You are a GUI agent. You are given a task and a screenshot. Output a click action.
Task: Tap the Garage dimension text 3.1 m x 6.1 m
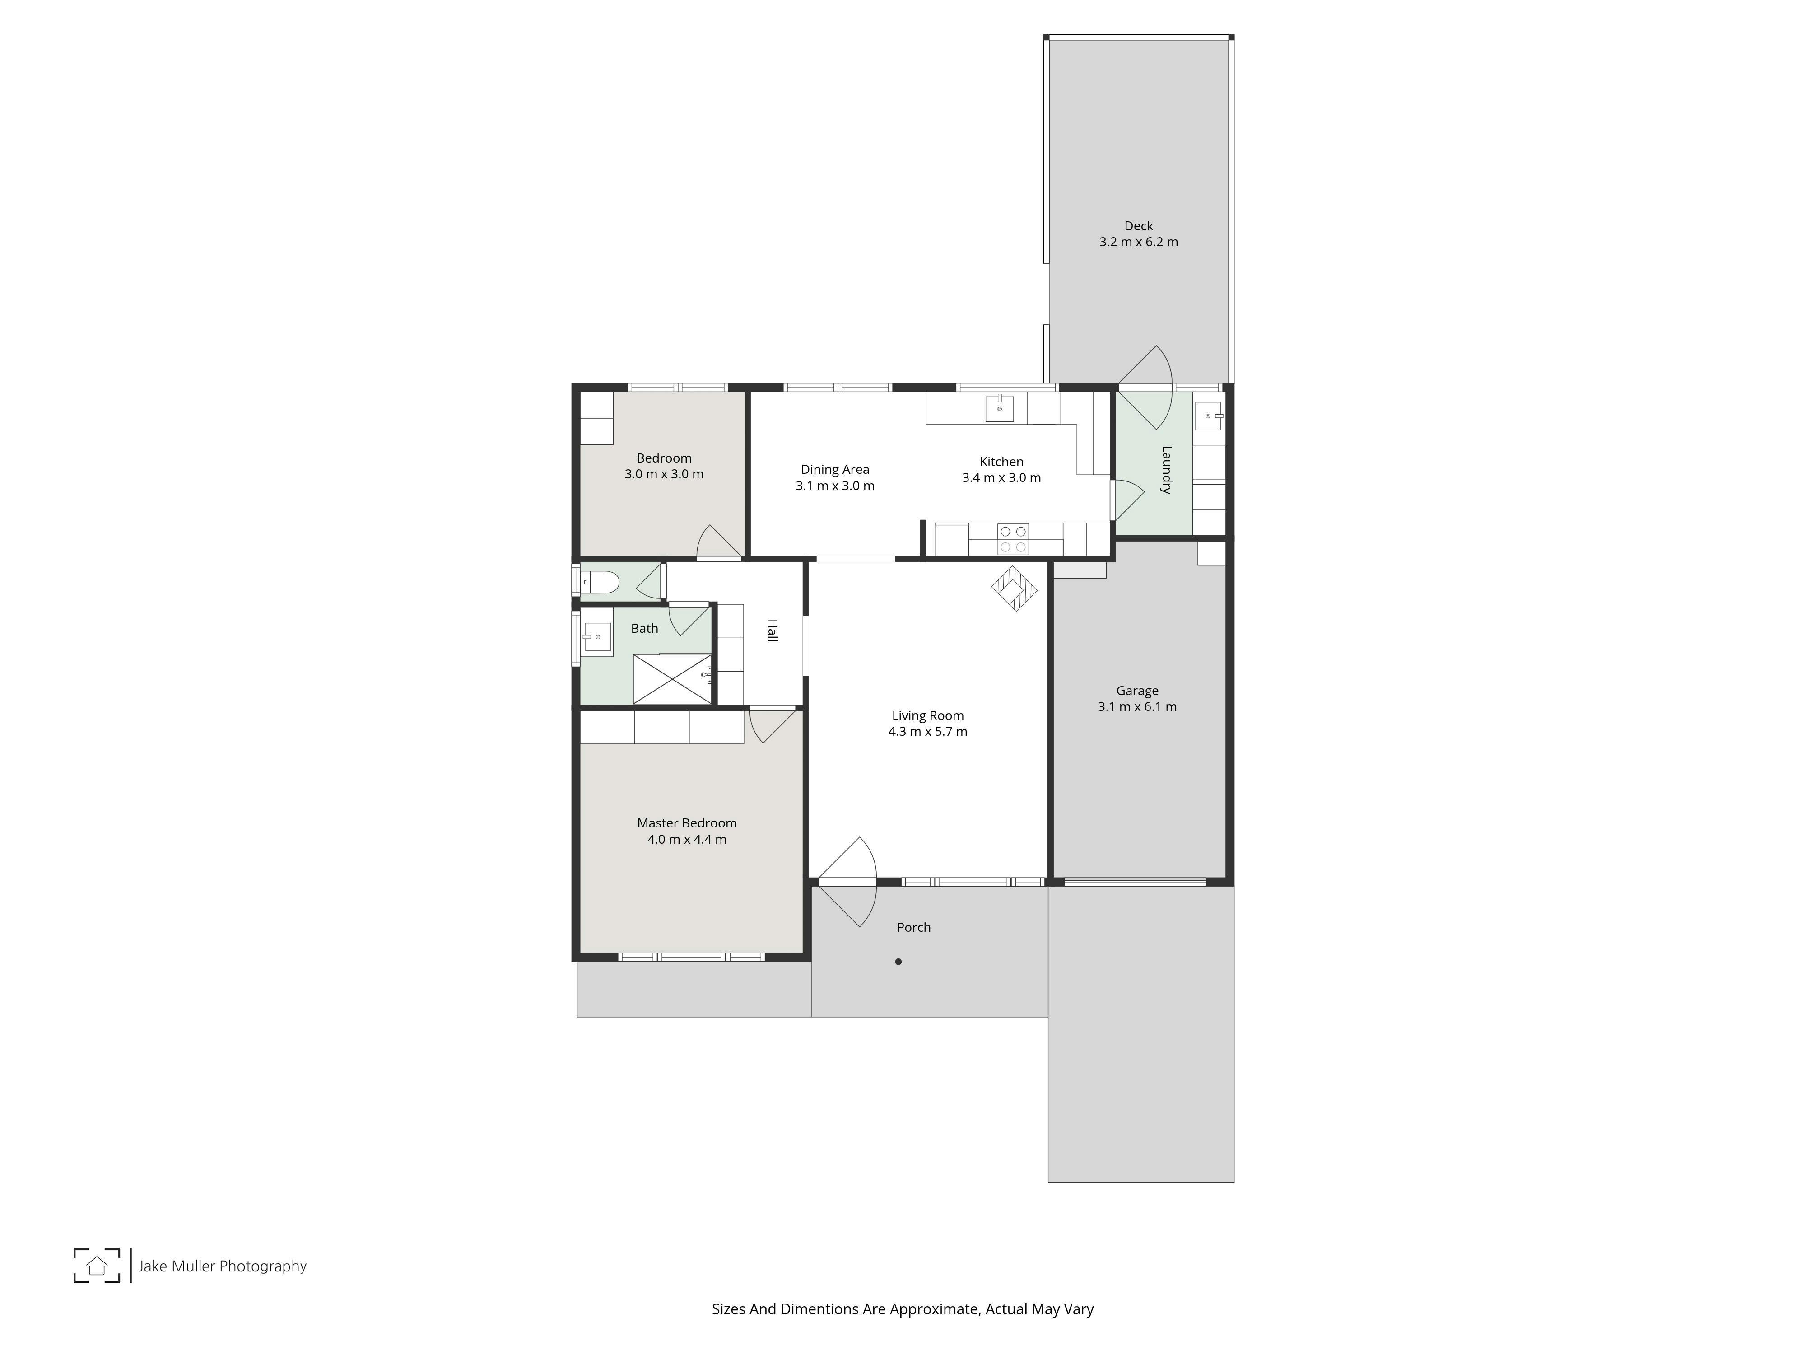click(x=1137, y=706)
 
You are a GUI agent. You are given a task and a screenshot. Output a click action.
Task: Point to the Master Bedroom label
click(x=687, y=823)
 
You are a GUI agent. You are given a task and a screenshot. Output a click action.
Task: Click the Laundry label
click(x=1166, y=470)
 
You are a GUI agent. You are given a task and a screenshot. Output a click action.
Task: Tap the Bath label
click(x=644, y=628)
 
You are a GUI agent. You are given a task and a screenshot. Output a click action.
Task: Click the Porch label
click(x=914, y=927)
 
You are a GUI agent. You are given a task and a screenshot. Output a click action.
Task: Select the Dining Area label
click(x=834, y=470)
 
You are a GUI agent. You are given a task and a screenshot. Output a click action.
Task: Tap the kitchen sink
click(x=999, y=407)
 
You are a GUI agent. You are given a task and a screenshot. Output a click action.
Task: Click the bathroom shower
click(x=672, y=679)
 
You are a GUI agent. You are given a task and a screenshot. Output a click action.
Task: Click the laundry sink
click(x=1208, y=416)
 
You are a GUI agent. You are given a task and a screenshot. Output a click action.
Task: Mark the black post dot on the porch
click(x=898, y=961)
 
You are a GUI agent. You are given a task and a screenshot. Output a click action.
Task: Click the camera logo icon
click(x=97, y=1265)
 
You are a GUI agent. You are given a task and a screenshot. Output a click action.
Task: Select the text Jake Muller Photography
click(x=222, y=1266)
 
